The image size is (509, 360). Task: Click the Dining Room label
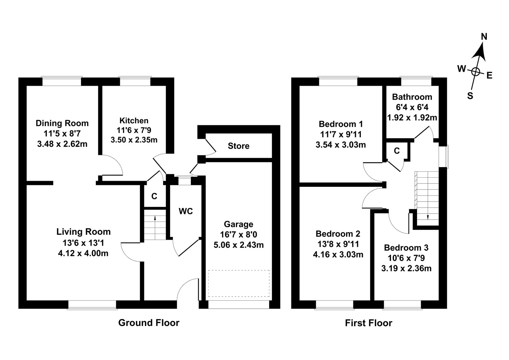62,123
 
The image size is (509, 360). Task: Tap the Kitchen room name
134,121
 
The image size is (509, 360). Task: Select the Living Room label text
83,232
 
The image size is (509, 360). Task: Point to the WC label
186,211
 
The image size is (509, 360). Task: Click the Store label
238,146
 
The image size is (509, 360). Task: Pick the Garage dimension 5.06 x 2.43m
238,245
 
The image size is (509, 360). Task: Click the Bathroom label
412,97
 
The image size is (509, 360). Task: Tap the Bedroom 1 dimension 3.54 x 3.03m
340,145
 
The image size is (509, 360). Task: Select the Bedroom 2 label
338,234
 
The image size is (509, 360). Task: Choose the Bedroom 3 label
406,248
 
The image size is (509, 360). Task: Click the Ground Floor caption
149,323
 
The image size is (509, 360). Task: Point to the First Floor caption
368,323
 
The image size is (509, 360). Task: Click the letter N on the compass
484,37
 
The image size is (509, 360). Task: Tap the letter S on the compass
470,96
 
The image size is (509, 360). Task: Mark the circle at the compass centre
476,71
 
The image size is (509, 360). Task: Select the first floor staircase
428,196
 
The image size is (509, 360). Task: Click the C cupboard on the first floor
397,151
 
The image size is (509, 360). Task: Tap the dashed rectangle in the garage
239,283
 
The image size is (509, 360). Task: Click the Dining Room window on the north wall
61,82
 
